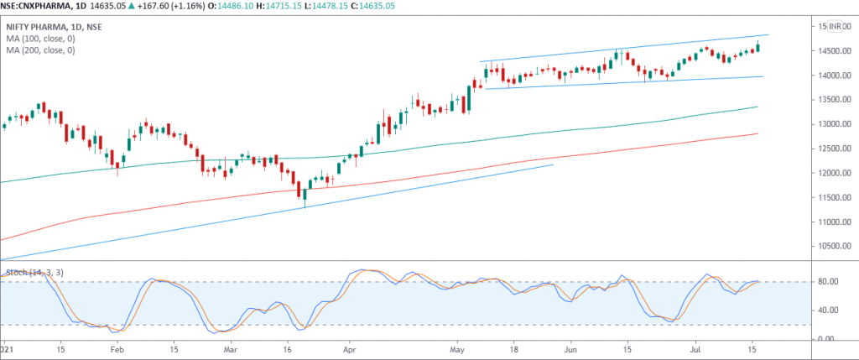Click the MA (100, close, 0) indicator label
pos(40,38)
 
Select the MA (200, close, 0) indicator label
pos(40,50)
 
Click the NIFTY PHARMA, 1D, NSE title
pos(50,26)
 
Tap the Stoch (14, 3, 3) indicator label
pos(34,272)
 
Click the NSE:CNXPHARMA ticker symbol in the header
pos(42,6)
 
